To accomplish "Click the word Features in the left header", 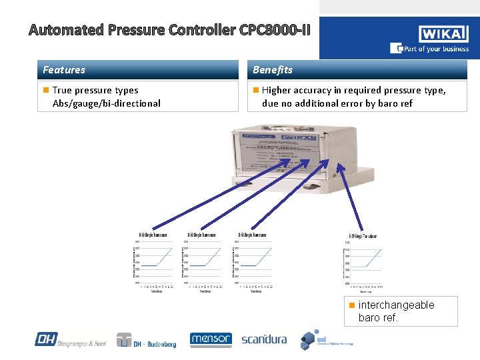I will pos(64,70).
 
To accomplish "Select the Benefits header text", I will pos(273,70).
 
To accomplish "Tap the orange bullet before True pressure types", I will pos(45,90).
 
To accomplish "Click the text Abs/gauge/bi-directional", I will pos(106,103).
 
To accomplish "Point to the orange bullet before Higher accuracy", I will pos(255,90).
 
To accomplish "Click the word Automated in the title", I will pos(66,30).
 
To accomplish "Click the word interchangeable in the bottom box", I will pos(396,305).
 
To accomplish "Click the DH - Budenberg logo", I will pos(146,340).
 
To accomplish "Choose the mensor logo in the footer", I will pos(211,339).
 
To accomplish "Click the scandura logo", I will pos(264,339).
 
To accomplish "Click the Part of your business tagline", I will pos(434,49).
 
